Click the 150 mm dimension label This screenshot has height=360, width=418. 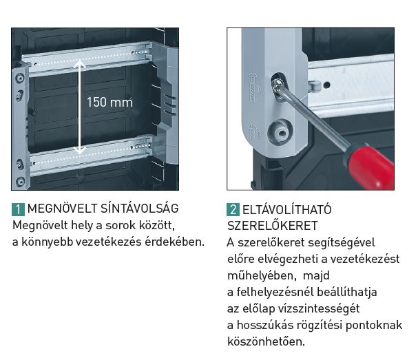(109, 102)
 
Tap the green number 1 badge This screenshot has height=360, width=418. (18, 209)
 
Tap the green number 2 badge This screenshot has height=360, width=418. (233, 209)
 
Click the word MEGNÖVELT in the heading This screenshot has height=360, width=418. (62, 209)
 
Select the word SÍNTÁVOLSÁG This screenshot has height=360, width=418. (139, 208)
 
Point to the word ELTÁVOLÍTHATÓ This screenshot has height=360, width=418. (287, 209)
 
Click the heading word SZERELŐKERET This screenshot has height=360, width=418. (273, 226)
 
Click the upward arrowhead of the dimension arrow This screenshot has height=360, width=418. (79, 64)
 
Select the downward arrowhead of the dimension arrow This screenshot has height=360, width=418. (79, 151)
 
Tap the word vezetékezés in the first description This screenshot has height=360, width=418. (109, 242)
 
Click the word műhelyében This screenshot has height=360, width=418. (262, 275)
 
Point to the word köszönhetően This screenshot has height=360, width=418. (266, 341)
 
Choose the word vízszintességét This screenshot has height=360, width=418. (319, 308)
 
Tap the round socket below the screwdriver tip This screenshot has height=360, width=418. (280, 131)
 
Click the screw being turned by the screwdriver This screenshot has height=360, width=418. (278, 86)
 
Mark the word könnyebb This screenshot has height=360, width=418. (48, 242)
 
